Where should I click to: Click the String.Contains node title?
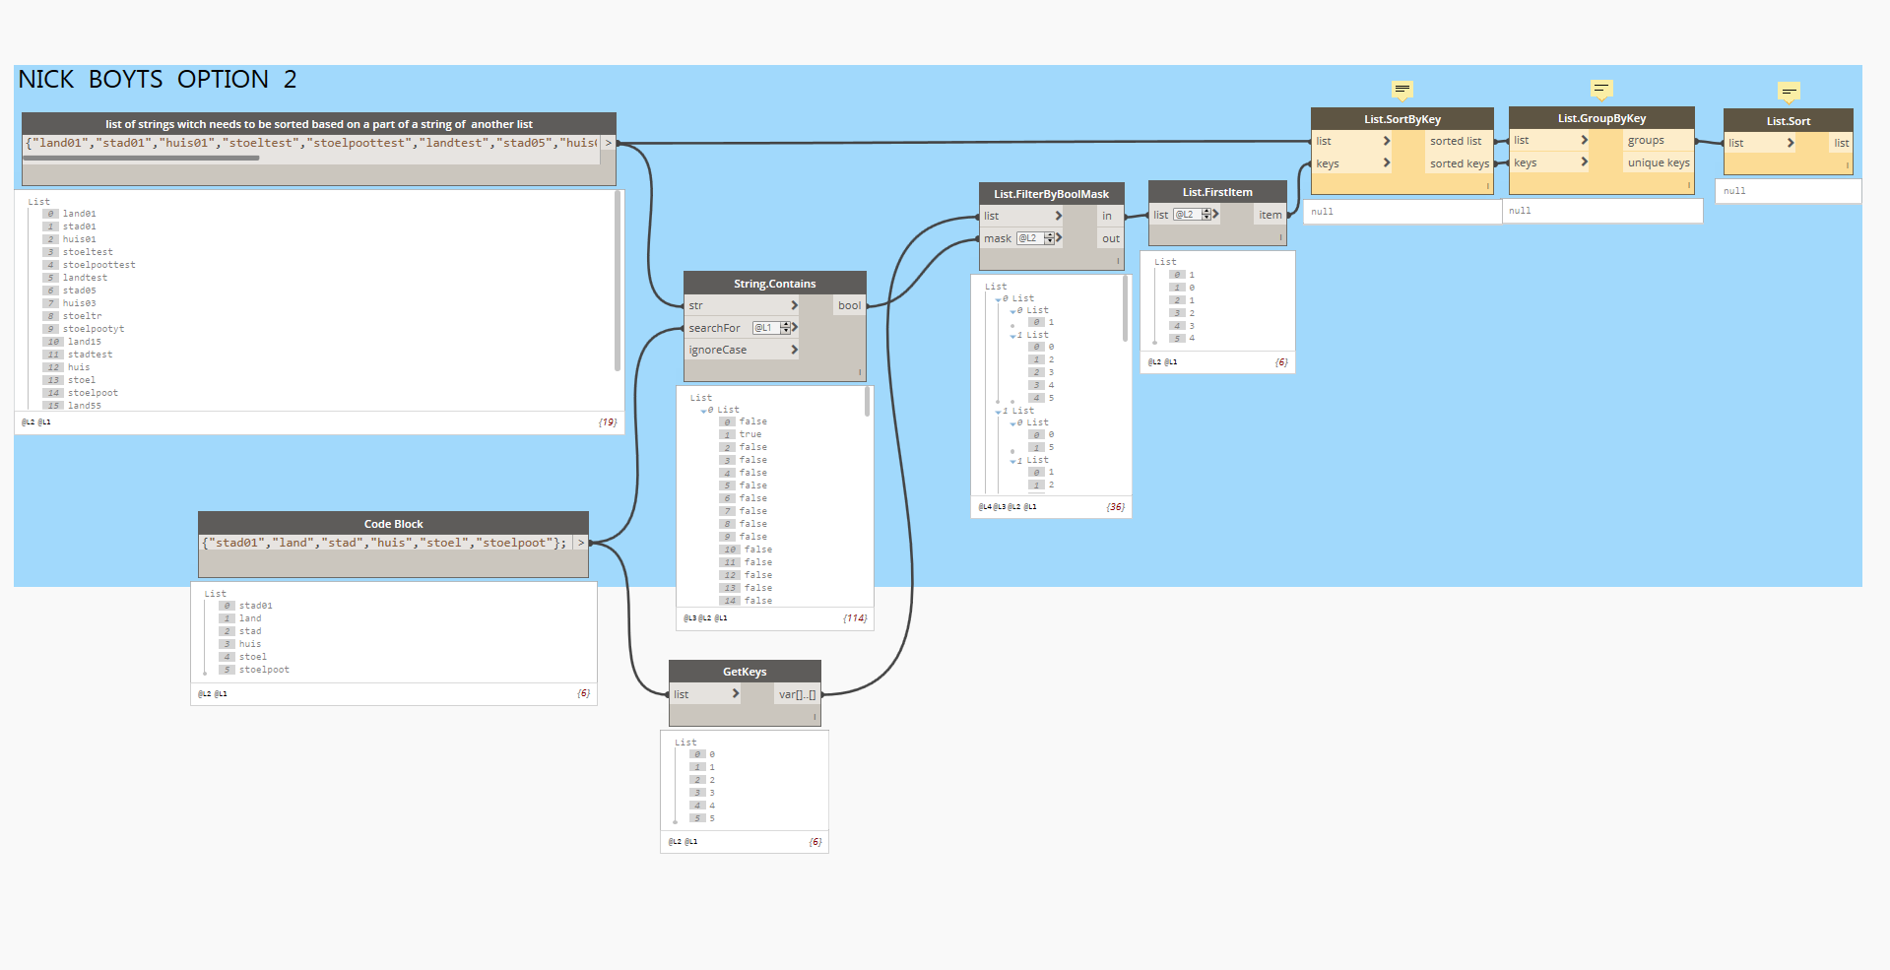pos(774,284)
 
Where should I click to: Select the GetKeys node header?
pos(745,672)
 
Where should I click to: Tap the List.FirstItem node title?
pos(1217,192)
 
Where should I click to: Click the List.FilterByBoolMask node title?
pos(1051,194)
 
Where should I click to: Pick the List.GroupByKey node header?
pos(1601,118)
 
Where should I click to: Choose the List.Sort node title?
pos(1788,121)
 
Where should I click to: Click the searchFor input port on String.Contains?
pos(715,328)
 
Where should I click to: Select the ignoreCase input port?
pos(718,350)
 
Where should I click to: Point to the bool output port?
pos(849,305)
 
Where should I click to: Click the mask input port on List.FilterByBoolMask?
pos(998,238)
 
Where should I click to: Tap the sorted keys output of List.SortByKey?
pos(1459,163)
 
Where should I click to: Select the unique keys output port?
pos(1658,162)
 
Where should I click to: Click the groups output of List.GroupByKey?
pos(1646,140)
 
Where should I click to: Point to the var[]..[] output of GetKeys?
pos(796,694)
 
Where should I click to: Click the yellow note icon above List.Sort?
pos(1790,92)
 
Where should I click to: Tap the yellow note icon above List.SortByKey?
pos(1402,90)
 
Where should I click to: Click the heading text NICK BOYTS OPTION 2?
pos(158,79)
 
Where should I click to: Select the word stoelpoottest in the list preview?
pos(99,265)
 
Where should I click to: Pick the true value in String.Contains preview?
pos(750,434)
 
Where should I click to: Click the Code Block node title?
pos(393,524)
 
